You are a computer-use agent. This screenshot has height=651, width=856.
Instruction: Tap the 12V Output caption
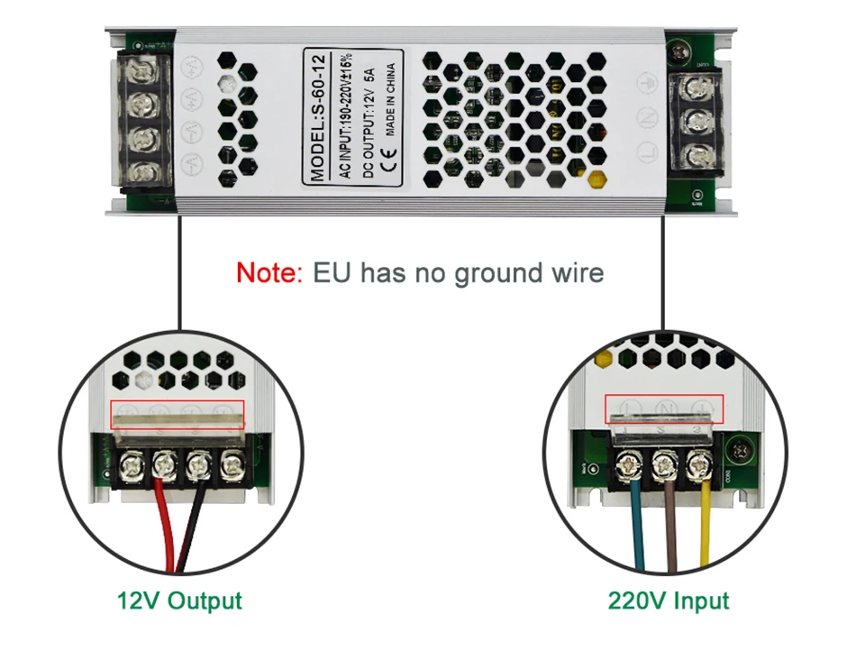tap(179, 601)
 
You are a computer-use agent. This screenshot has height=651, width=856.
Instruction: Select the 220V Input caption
tap(668, 601)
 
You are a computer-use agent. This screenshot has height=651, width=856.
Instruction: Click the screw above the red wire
tap(163, 465)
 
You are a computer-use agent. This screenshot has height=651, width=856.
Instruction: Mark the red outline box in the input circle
tap(664, 408)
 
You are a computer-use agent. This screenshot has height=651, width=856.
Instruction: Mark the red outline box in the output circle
tap(178, 415)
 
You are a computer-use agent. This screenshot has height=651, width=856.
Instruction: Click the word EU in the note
tap(332, 272)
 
